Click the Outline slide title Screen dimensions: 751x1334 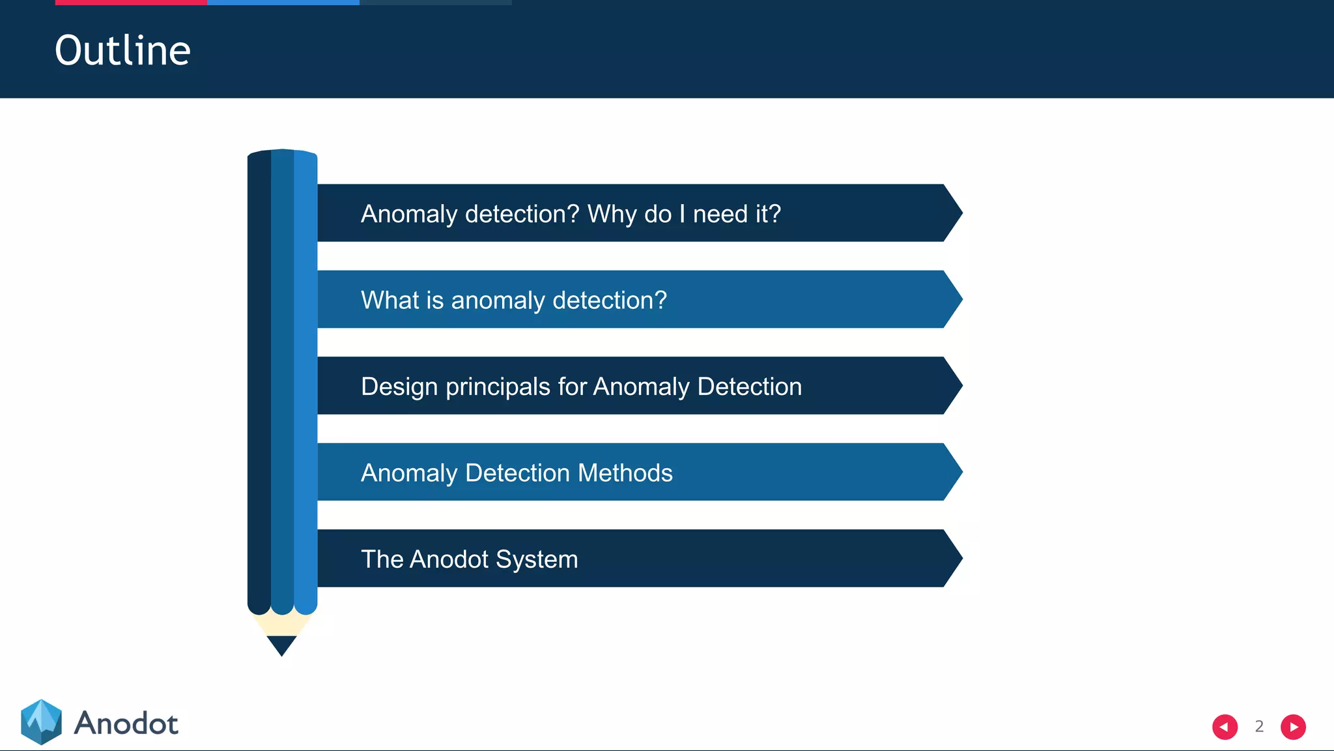tap(122, 51)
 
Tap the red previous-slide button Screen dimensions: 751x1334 tap(1225, 727)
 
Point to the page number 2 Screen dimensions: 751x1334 tap(1259, 727)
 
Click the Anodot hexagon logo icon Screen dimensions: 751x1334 tap(41, 722)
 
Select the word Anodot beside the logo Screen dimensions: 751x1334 tap(126, 724)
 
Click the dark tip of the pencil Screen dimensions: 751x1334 tap(281, 645)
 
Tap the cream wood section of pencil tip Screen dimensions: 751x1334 tap(281, 626)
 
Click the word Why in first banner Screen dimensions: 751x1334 tap(612, 214)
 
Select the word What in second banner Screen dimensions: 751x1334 tap(390, 301)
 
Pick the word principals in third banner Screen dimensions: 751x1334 tap(498, 387)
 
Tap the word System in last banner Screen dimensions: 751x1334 tap(537, 559)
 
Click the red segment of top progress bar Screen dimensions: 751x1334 tap(131, 3)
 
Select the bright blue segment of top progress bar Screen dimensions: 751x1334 tap(283, 3)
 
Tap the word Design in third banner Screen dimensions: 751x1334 tap(399, 387)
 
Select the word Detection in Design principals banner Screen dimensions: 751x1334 tap(749, 387)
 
